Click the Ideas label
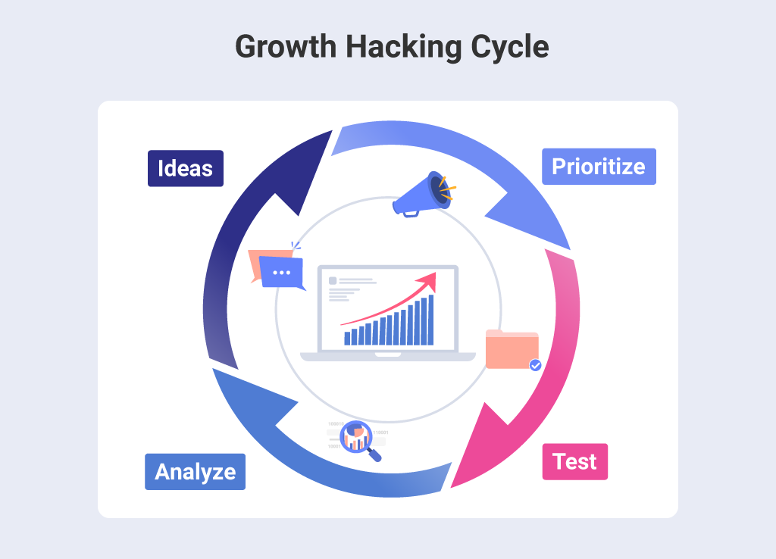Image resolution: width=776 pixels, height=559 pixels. (x=186, y=168)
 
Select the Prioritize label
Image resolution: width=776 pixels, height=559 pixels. (x=599, y=167)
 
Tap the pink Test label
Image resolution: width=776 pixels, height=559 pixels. (x=574, y=461)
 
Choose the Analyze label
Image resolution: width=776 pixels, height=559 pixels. (x=195, y=472)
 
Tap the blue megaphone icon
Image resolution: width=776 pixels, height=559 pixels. (x=421, y=193)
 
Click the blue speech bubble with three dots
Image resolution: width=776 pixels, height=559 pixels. (x=281, y=272)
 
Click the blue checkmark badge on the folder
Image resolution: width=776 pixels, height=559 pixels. (x=535, y=365)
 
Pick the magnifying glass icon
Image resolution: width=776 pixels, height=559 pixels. (x=356, y=437)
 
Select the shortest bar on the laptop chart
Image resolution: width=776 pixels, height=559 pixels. (x=347, y=338)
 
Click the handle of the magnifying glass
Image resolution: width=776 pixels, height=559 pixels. (x=374, y=454)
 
